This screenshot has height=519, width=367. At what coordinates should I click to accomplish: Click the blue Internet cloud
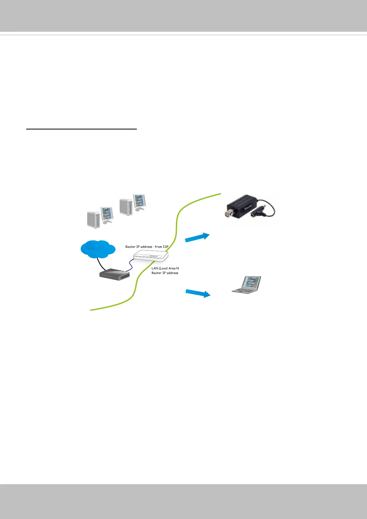point(97,249)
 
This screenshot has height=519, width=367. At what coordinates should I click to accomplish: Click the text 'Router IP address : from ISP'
point(147,247)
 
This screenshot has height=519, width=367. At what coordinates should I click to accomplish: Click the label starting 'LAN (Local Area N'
point(165,268)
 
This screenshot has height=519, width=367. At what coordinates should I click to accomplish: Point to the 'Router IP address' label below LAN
point(165,273)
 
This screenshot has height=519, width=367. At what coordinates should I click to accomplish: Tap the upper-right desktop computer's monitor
point(139,202)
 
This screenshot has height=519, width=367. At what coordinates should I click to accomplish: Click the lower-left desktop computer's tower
point(93,219)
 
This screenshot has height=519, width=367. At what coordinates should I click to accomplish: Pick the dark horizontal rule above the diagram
point(81,129)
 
